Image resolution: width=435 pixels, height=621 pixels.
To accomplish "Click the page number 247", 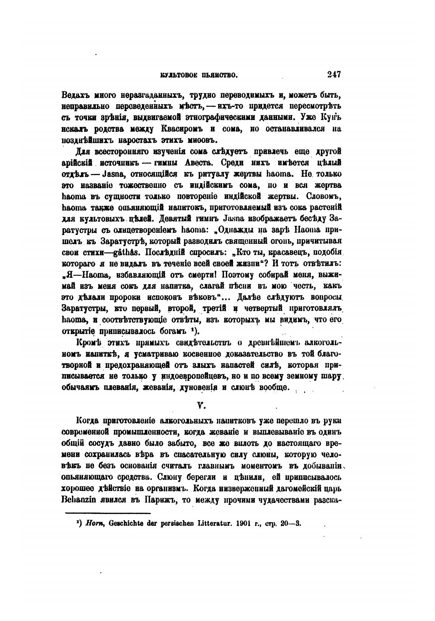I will pos(333,75).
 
